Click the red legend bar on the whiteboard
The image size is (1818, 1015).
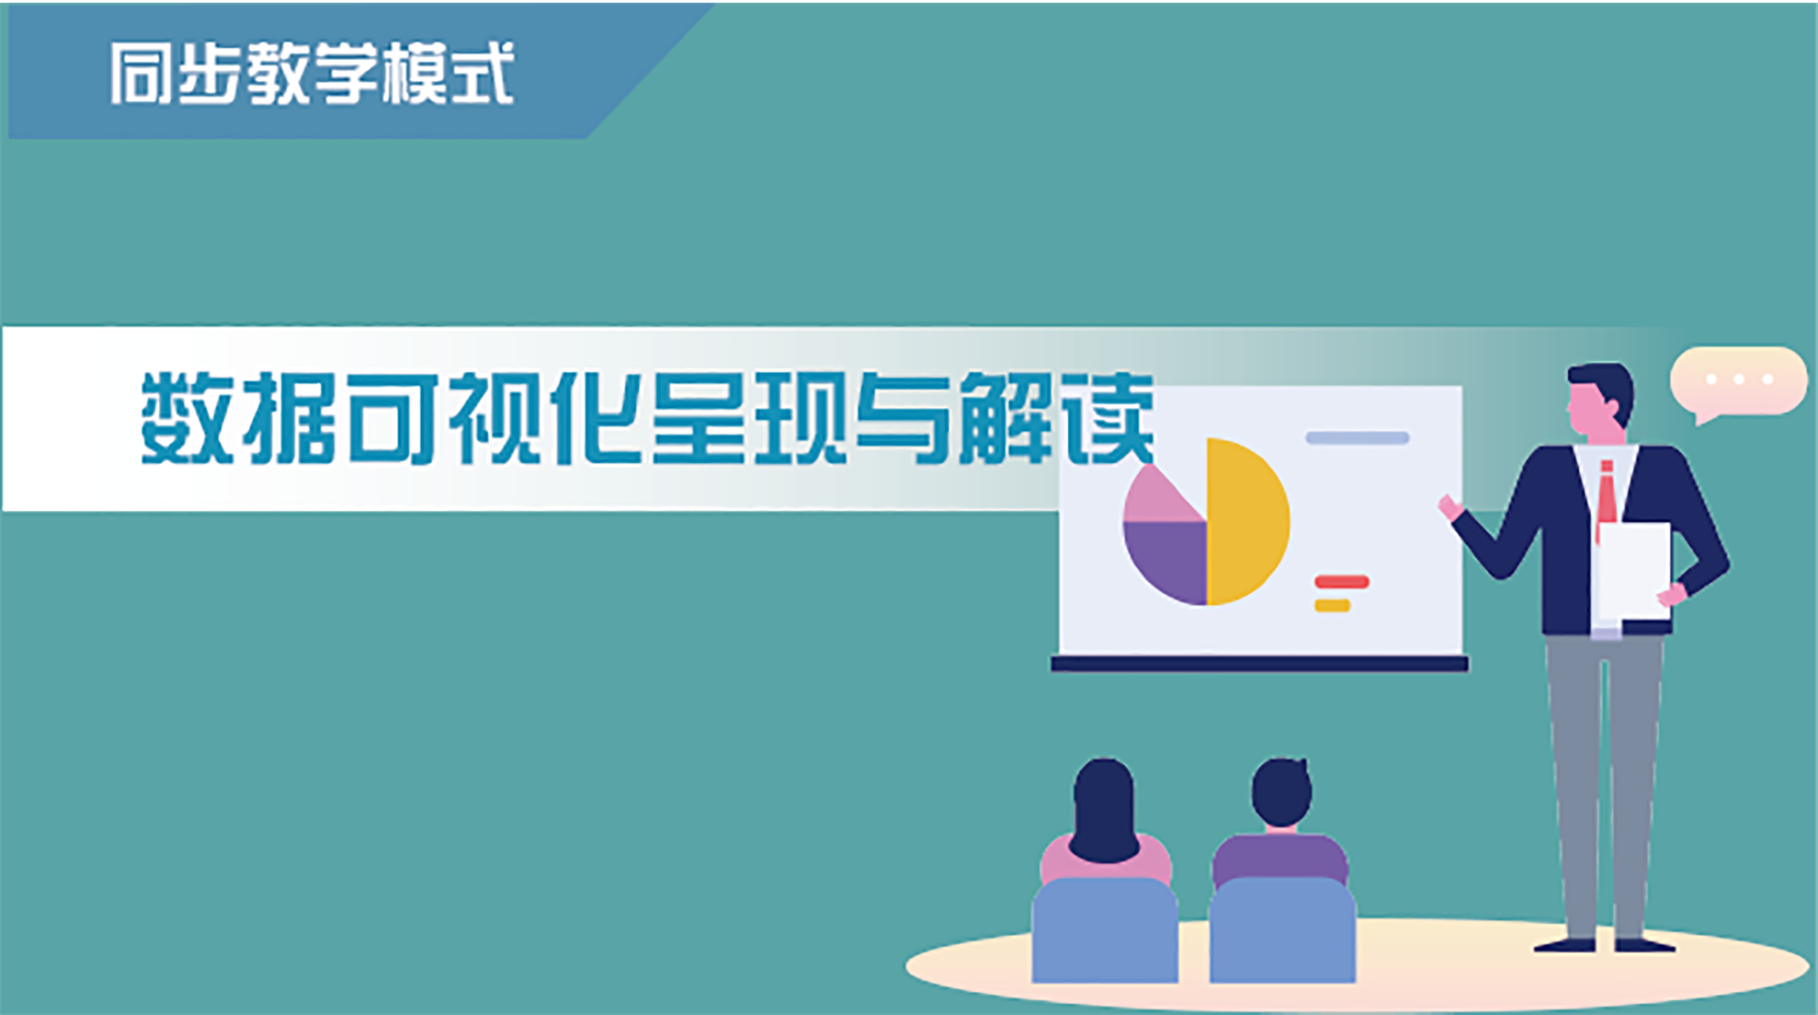click(1342, 582)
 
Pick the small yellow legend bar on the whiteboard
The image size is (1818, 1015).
click(1332, 606)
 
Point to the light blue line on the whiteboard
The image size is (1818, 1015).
click(1357, 438)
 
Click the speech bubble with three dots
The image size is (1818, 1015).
click(1737, 382)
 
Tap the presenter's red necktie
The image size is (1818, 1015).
click(1606, 500)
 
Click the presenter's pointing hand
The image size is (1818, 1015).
click(1449, 507)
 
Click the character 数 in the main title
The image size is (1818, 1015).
click(186, 418)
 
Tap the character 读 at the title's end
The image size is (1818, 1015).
click(1109, 418)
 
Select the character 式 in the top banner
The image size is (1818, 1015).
click(482, 74)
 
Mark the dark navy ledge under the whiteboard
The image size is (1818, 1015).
click(1260, 664)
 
